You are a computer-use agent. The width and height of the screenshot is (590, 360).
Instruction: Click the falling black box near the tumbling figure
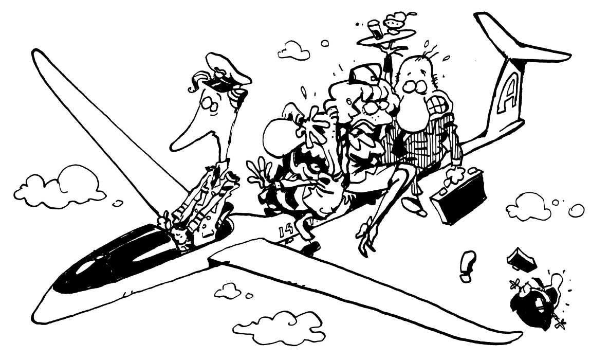(x=521, y=259)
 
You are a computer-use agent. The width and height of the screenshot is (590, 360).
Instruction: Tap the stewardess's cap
(x=365, y=74)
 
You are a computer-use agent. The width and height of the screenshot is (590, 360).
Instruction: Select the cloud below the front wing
(x=279, y=328)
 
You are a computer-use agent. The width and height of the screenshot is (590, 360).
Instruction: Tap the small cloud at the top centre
(x=294, y=50)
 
